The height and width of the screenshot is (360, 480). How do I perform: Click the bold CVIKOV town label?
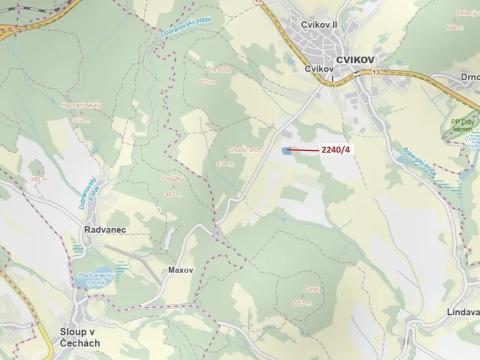(356, 60)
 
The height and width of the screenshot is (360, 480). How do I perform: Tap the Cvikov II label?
(321, 24)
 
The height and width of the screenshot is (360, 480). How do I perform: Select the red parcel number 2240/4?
(335, 151)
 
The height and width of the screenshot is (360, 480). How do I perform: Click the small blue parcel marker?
(288, 151)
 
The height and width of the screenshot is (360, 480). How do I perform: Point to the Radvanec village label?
(97, 229)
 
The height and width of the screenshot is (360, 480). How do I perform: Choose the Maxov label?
(180, 270)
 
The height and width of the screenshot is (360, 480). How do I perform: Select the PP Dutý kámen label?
(463, 112)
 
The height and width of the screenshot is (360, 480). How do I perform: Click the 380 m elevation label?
(39, 180)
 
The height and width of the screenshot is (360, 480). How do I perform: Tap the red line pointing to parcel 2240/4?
(305, 151)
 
